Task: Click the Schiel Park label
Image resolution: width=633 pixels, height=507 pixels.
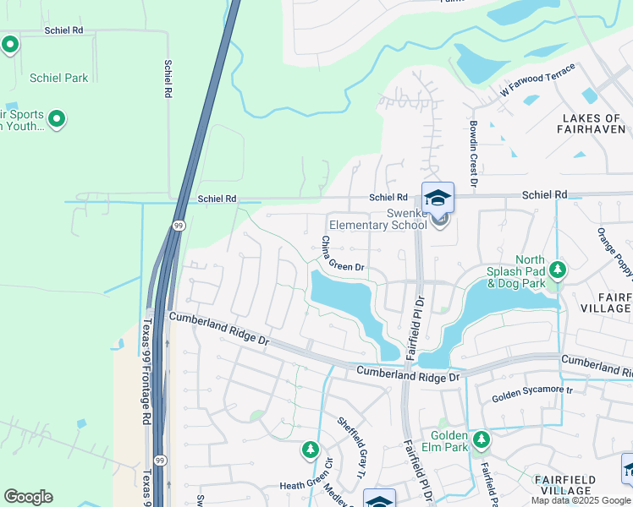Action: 58,78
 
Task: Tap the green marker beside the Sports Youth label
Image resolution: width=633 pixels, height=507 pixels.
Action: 57,119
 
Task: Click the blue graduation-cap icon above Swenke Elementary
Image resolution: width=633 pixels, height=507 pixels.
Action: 438,199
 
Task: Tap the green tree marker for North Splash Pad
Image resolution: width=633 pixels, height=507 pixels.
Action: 558,270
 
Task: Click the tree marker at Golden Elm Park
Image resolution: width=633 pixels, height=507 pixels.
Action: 482,439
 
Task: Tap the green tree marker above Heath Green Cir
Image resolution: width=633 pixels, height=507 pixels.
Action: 311,450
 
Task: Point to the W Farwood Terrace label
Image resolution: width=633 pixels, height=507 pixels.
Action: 537,79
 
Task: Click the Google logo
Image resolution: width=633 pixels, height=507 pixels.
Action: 28,497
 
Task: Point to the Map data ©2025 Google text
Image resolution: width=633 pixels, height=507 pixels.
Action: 581,500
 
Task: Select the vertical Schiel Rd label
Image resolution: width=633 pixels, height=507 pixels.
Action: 169,78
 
